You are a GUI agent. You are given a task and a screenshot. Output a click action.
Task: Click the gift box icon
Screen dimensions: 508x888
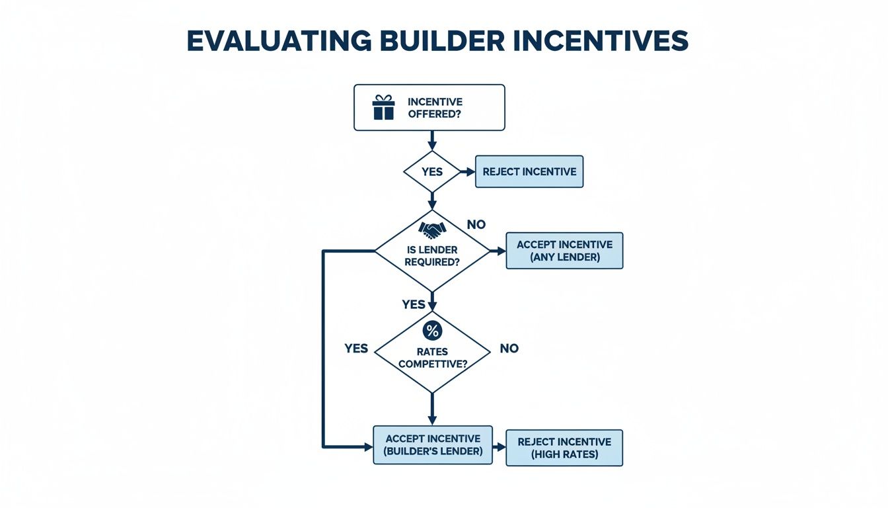coord(383,107)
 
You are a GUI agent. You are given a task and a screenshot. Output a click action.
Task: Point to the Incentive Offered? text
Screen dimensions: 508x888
coord(435,107)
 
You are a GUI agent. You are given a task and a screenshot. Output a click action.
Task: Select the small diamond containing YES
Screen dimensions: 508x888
coord(432,171)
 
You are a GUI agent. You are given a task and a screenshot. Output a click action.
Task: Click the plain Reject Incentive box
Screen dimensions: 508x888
coord(529,172)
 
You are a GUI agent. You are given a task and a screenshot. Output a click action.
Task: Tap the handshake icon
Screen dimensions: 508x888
coord(432,230)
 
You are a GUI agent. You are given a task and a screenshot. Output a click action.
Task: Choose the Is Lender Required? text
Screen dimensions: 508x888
coord(433,256)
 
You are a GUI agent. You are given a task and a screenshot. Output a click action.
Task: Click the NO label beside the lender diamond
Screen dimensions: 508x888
coord(476,225)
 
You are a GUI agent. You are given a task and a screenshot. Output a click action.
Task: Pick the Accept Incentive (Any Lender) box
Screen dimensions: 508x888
coord(564,251)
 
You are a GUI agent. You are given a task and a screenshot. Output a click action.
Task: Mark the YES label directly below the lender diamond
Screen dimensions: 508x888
coord(414,304)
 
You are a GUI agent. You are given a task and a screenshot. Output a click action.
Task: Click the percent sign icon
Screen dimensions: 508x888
coord(432,331)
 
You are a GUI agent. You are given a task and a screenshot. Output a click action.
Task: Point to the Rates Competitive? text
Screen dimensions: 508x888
coord(433,358)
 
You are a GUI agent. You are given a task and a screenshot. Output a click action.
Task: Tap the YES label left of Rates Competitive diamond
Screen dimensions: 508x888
coord(356,349)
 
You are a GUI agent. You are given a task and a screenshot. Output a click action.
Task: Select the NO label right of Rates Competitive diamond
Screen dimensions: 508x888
coord(509,349)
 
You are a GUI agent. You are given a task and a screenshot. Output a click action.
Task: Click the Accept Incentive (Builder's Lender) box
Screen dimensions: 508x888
coord(433,444)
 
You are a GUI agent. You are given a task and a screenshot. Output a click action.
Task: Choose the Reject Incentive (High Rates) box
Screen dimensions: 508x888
coord(564,448)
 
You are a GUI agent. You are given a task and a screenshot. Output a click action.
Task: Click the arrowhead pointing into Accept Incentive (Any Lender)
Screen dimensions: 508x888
coord(501,251)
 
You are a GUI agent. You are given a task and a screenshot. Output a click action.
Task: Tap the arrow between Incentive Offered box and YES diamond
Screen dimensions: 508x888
coord(432,140)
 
